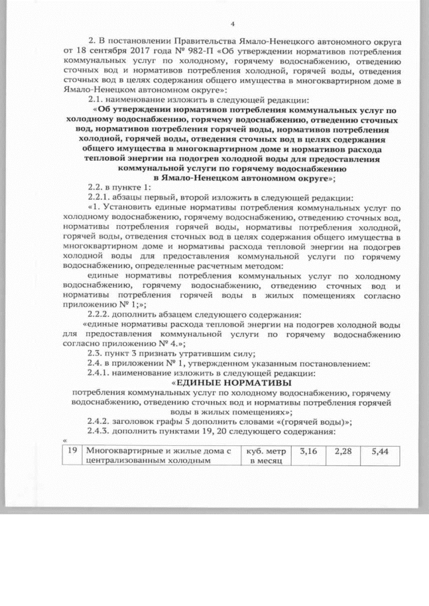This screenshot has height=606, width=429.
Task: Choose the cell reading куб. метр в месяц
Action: pyautogui.click(x=266, y=455)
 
